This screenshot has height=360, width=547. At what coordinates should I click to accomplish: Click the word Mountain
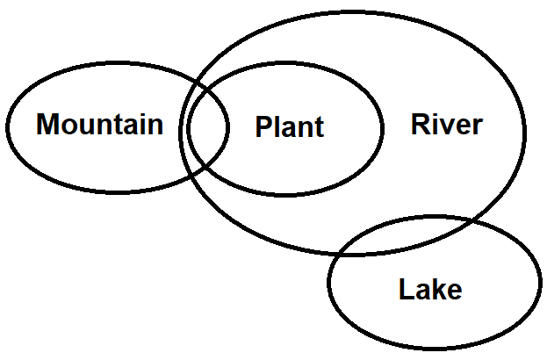point(99,125)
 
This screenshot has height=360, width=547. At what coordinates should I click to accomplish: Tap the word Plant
point(289,127)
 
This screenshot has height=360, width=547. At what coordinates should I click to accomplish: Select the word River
point(446,125)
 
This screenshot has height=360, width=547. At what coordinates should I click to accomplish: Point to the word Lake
point(429,289)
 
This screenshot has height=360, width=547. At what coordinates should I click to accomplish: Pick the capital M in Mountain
point(47,125)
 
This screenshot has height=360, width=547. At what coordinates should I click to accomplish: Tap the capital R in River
point(420,125)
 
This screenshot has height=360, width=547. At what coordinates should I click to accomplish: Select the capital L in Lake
point(405,289)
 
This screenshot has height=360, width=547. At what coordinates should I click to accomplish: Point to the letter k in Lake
point(437,289)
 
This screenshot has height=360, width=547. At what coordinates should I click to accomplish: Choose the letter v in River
point(450,126)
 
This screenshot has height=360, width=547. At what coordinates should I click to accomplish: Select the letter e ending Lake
point(453,291)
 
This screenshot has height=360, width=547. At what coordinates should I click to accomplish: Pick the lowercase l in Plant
point(276,127)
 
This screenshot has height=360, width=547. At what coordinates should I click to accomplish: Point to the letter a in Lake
point(421,291)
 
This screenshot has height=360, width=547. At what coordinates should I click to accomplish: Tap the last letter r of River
point(477,126)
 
